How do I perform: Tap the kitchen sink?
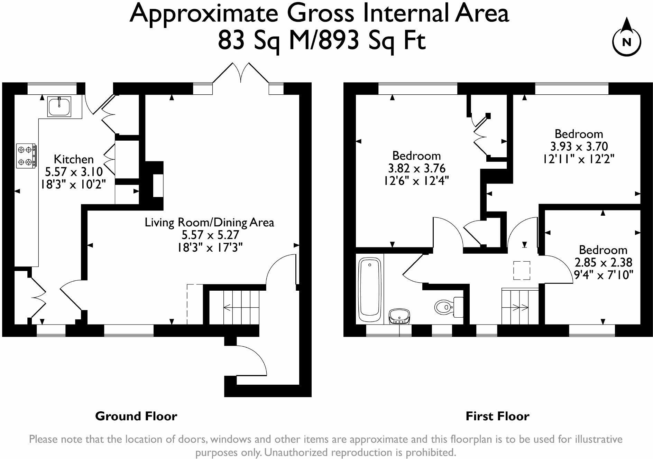coord(59,106)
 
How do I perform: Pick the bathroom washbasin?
coord(400,317)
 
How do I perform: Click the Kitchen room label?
coord(74,159)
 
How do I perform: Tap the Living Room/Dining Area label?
coord(209,222)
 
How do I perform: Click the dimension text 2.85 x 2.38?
coord(603,263)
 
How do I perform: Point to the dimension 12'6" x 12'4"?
coord(416,181)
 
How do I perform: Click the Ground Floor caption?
coord(136,416)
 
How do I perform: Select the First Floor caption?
coord(497,416)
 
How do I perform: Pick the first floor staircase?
coord(520,306)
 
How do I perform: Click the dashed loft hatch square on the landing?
coord(522,270)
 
